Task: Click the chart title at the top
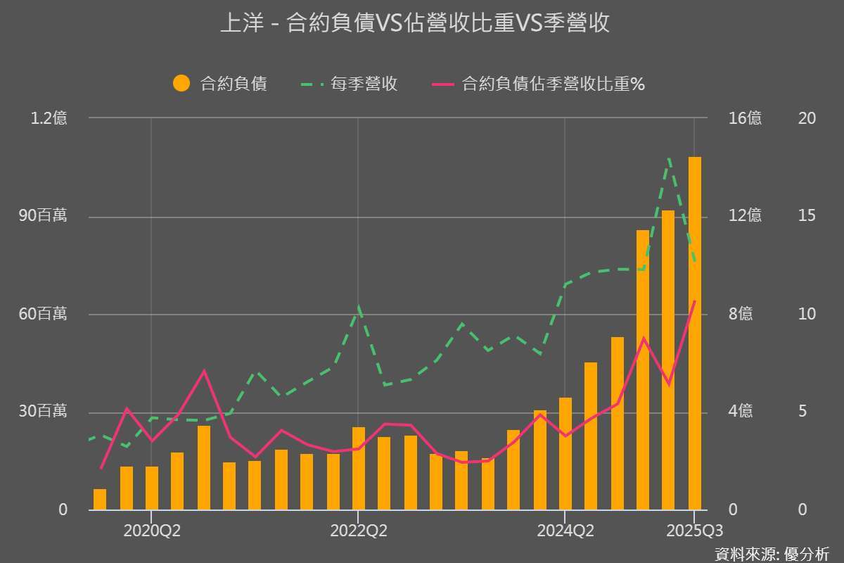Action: coord(415,24)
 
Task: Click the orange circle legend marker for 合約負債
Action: coord(181,84)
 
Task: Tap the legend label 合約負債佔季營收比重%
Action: coord(554,84)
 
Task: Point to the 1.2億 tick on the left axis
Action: coord(49,118)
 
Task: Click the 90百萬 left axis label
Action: coord(44,216)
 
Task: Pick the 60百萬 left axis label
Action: coord(44,314)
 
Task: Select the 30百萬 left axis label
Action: coord(44,411)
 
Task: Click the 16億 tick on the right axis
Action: coord(745,118)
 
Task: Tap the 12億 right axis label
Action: coord(745,216)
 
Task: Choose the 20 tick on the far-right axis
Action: coord(807,118)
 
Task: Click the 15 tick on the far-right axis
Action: coord(807,216)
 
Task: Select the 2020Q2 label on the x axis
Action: coord(152,531)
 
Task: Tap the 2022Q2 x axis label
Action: coord(359,531)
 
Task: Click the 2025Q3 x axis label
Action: coord(693,531)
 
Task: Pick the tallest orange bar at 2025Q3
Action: coord(695,331)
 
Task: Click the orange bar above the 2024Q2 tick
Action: coord(565,454)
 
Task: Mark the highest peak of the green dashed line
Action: coord(669,159)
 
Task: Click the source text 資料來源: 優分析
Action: coord(772,553)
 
